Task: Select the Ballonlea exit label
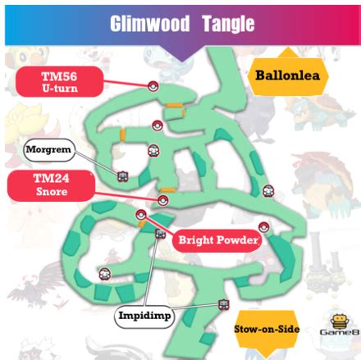[286, 76]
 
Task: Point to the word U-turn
[59, 89]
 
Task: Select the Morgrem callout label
[50, 149]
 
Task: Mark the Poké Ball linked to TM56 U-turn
[153, 85]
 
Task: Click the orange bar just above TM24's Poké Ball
[167, 189]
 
